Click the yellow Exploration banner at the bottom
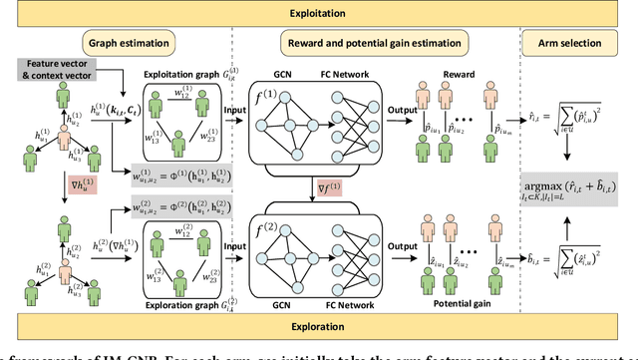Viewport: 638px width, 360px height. point(319,326)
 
